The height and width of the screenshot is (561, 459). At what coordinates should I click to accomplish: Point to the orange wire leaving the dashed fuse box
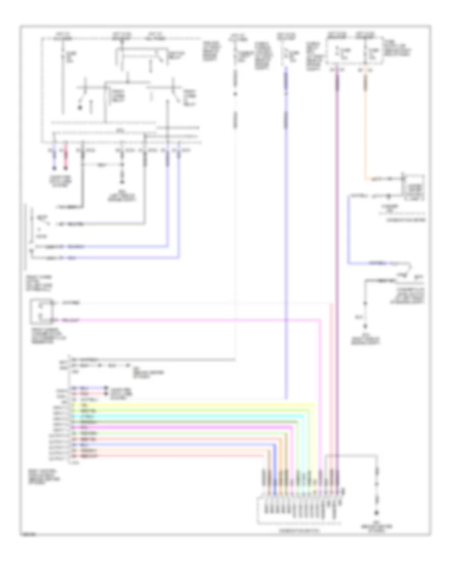point(365,127)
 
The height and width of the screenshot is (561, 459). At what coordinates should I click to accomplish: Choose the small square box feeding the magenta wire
point(39,312)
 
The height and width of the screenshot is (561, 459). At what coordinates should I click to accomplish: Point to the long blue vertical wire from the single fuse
point(286,229)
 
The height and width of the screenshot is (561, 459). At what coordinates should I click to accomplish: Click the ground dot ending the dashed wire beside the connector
point(377,513)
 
